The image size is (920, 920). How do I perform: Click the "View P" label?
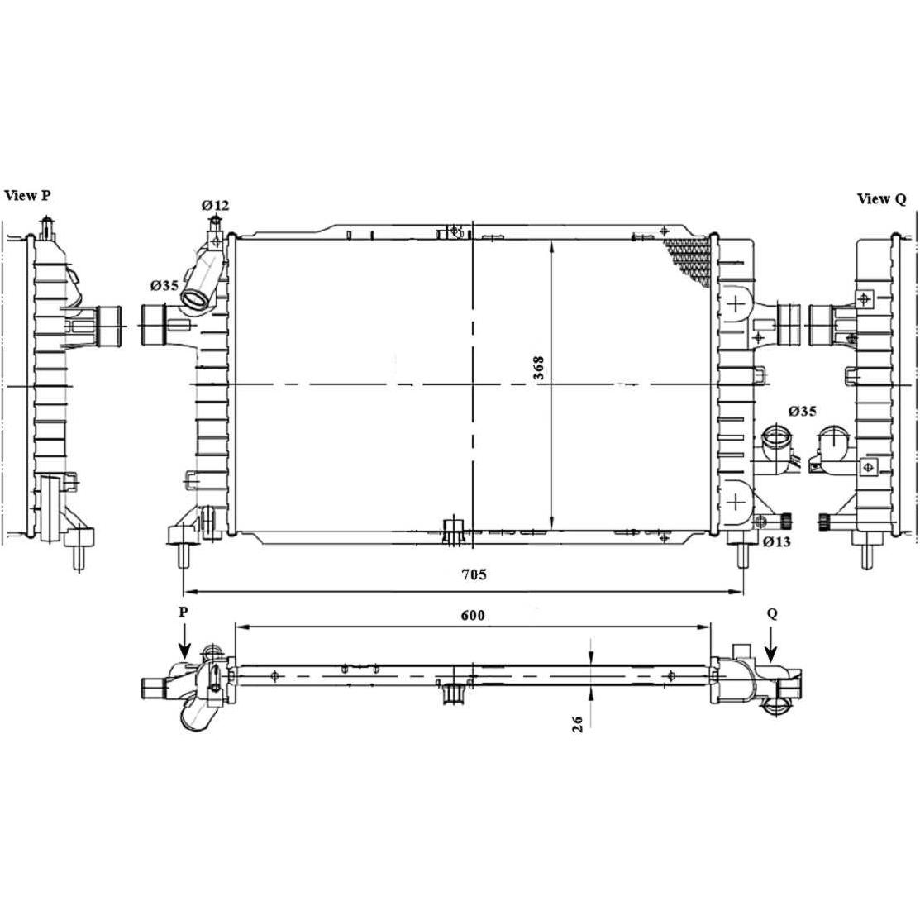click(27, 195)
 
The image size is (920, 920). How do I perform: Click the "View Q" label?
click(881, 199)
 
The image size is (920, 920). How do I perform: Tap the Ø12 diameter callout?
click(215, 205)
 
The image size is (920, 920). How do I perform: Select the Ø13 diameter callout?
click(777, 541)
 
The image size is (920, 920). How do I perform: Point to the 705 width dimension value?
click(474, 574)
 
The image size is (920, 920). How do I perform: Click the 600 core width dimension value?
click(472, 615)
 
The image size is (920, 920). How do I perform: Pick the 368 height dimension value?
click(539, 368)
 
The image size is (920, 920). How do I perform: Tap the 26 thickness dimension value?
click(577, 723)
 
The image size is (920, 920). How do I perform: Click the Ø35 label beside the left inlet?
click(164, 286)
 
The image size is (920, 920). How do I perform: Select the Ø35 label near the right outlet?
click(802, 411)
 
